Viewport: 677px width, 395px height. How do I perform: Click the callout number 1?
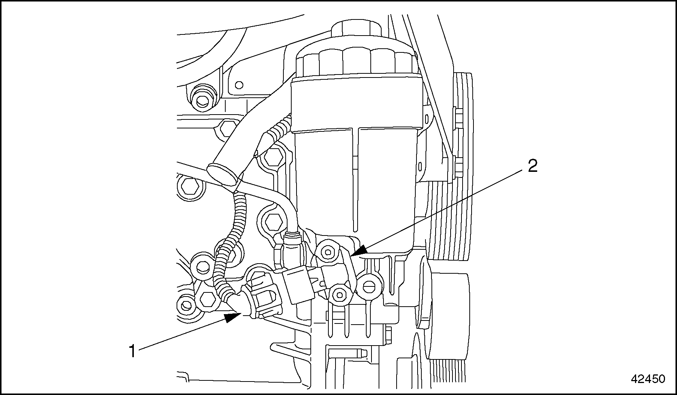coord(132,352)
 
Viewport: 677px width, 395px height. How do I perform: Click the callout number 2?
coord(532,165)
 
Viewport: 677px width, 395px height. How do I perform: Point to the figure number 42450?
coord(648,379)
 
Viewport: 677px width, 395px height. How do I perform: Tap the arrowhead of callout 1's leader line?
coord(233,317)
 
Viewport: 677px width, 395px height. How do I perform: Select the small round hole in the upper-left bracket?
coord(238,85)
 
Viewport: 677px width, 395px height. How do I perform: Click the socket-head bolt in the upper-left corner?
coord(201,100)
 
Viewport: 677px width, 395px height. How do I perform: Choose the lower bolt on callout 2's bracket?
coord(339,295)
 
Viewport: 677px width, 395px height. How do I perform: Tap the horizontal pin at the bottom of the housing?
coord(347,353)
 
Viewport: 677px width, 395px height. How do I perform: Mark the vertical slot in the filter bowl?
coord(355,180)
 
